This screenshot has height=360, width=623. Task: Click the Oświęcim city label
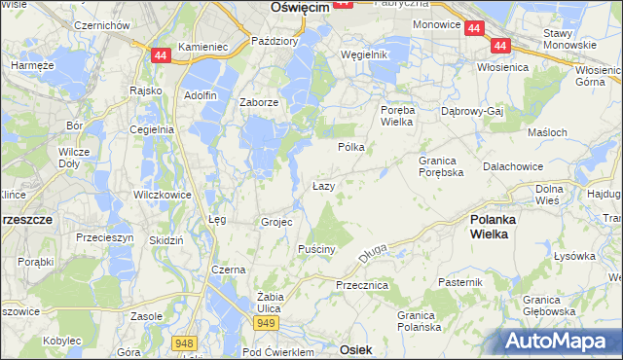pos(296,7)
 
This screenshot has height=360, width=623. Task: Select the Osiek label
pos(357,347)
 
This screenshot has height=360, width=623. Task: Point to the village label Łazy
pos(324,185)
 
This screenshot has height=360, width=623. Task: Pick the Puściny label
pos(316,249)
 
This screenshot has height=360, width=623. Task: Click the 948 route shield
pos(183,343)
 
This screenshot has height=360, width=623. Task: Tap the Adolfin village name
pos(200,95)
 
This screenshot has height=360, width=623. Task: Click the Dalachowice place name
pos(512,166)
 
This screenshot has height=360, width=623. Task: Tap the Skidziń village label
pos(163,239)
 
